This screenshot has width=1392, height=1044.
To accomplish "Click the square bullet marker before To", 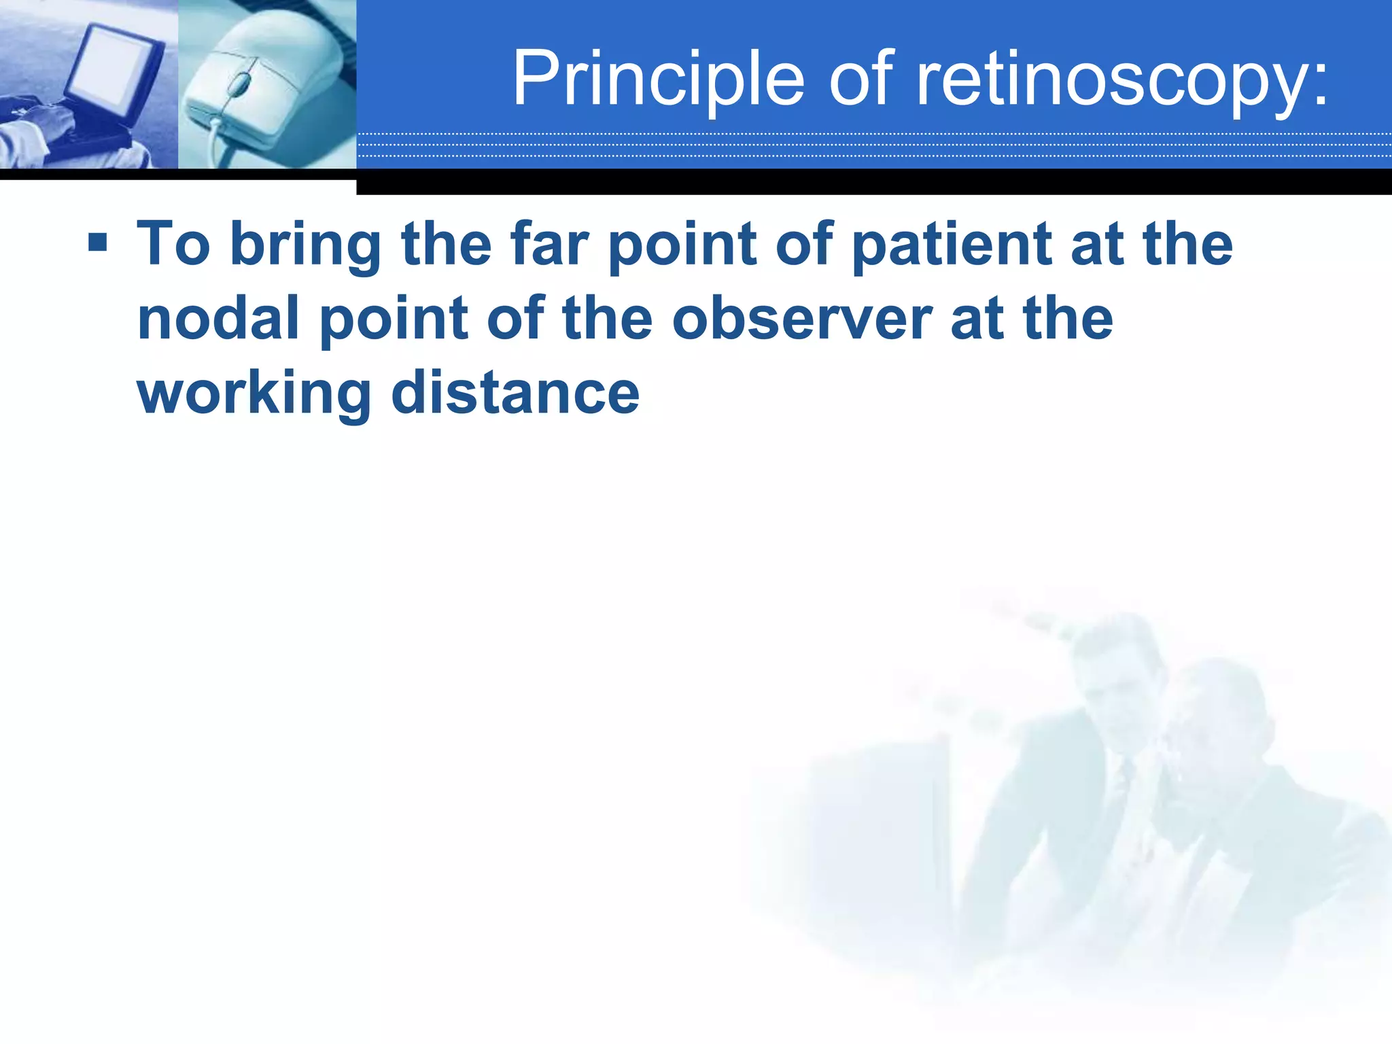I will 98,242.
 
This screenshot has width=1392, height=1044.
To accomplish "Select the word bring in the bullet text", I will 305,245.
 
